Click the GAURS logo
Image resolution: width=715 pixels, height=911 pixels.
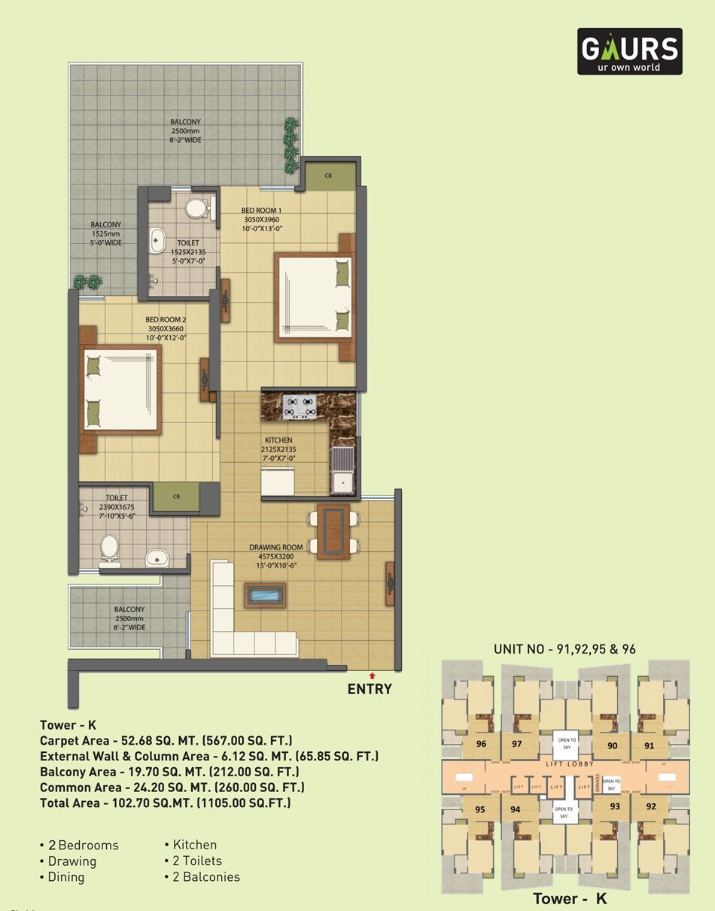[x=629, y=51]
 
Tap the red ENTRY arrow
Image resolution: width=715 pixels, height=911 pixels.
[x=372, y=676]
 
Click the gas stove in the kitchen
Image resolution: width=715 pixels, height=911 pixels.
[x=299, y=407]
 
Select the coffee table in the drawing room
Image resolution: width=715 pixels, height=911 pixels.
[x=265, y=596]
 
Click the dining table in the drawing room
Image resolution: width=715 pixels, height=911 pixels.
[x=333, y=532]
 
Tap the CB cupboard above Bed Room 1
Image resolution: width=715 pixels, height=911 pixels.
[x=329, y=176]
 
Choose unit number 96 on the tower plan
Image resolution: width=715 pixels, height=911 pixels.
[x=481, y=744]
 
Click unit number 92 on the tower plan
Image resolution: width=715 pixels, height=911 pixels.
[x=651, y=806]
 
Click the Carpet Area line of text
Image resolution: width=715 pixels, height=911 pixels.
[x=166, y=740]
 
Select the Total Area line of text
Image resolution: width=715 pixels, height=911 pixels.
[x=166, y=803]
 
